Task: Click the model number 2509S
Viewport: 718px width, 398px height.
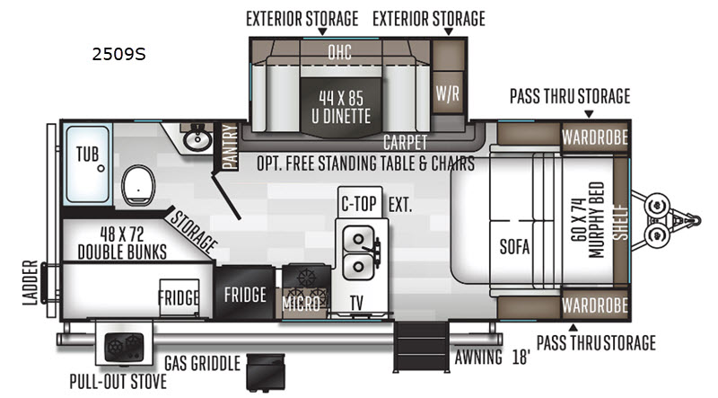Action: point(118,54)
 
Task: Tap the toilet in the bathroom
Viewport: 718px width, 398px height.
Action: point(138,185)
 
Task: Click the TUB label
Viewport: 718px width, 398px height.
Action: point(87,154)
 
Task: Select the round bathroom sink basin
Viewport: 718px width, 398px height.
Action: point(197,138)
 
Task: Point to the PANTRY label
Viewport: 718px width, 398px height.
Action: point(230,146)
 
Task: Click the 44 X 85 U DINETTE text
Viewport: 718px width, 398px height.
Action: point(341,107)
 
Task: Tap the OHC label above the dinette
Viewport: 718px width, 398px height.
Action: point(340,52)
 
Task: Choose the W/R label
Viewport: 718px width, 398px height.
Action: point(447,93)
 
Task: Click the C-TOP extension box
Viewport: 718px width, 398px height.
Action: point(360,202)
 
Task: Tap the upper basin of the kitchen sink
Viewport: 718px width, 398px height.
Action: point(358,239)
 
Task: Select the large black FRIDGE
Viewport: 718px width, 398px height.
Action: point(245,294)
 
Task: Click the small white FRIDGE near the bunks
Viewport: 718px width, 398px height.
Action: point(179,297)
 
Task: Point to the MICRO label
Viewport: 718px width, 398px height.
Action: point(301,304)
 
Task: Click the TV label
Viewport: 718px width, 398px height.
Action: point(356,303)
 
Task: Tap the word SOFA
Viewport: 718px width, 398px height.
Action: point(514,247)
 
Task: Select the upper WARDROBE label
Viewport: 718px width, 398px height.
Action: point(595,137)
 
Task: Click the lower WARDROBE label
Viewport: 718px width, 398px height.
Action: point(595,305)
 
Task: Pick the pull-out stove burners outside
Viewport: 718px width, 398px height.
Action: point(124,347)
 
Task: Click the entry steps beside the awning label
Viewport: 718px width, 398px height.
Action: point(421,346)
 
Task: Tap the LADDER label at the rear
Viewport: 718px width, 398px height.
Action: point(31,282)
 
